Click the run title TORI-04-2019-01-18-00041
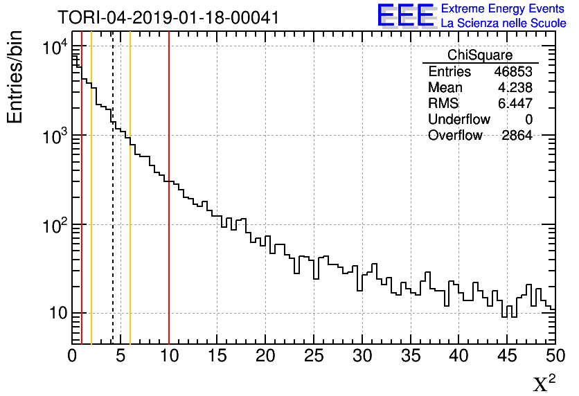(168, 17)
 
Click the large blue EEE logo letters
(406, 15)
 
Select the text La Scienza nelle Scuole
(504, 23)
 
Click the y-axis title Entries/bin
(15, 77)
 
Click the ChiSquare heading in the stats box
(480, 55)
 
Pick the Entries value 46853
(513, 72)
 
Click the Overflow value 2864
(517, 136)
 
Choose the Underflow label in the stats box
(459, 120)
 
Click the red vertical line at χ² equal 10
(169, 208)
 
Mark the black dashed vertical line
(113, 208)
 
